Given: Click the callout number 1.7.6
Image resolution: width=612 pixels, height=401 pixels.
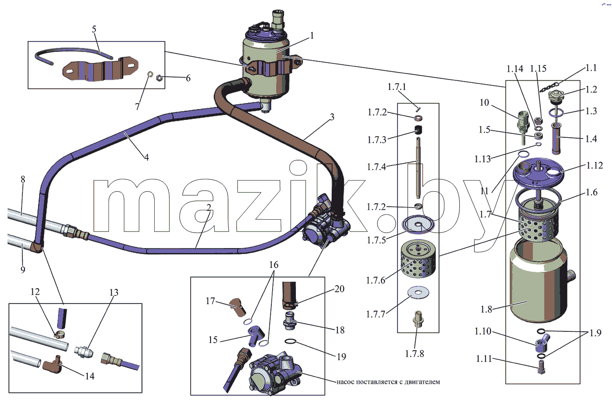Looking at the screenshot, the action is pos(376,280).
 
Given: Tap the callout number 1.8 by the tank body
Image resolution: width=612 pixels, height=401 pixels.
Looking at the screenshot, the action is pos(486,309).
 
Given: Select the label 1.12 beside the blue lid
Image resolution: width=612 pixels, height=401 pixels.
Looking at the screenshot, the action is pos(594,165).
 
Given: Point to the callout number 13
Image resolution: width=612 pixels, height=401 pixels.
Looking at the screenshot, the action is pos(114,292).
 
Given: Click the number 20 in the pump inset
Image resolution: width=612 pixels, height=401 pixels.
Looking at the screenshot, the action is pos(339,289).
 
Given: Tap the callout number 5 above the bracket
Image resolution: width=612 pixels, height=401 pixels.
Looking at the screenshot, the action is pos(94,29).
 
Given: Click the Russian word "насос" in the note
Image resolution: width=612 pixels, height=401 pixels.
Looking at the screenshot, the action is pos(345,381).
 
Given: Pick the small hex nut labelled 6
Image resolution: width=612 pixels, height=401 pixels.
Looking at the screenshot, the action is pos(159,78).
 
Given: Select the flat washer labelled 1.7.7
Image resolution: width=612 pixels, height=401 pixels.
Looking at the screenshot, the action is pos(418,292).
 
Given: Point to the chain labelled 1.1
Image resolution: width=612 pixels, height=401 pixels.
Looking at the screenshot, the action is pos(550,87).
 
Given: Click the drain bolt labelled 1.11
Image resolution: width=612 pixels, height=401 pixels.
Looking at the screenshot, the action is pos(541,368).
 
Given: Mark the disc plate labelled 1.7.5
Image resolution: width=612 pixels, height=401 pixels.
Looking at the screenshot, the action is pos(418,225).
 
